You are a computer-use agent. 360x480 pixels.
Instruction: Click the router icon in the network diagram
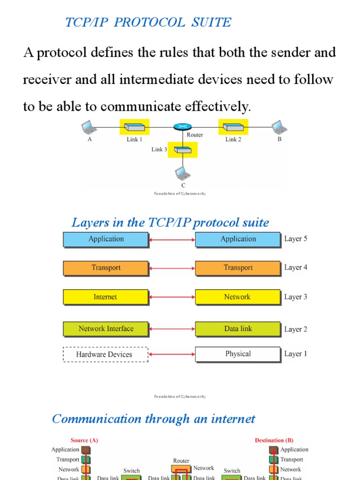182,127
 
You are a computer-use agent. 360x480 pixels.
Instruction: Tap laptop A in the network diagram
87,127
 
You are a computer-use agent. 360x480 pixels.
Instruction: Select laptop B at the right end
278,127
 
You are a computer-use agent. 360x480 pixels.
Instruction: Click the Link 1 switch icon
135,127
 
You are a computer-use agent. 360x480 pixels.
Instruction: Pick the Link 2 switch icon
232,127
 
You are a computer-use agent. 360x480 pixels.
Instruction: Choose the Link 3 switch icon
182,150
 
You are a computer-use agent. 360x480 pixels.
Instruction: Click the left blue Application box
106,239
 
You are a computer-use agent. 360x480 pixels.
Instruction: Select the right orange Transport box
238,268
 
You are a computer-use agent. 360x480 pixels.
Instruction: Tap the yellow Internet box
106,297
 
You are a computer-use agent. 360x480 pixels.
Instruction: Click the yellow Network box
238,297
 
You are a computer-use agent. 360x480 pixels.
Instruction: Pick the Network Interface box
106,329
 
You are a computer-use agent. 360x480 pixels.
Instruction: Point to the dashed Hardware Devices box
105,354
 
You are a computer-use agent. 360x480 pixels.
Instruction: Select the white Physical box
238,354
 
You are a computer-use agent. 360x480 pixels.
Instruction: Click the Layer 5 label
296,239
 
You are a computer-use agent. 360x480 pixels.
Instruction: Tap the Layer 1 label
296,354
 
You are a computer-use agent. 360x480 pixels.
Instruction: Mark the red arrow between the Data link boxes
172,329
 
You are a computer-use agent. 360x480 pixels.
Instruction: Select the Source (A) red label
84,440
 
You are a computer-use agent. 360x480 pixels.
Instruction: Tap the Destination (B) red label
274,440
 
